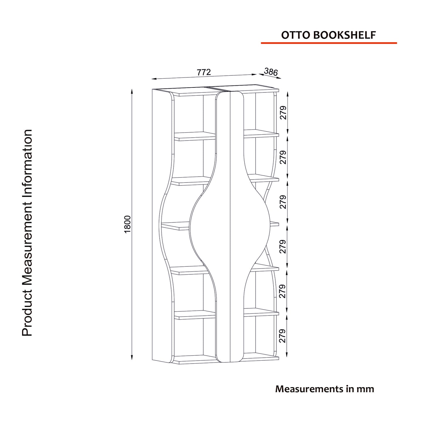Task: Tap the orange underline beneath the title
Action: pyautogui.click(x=329, y=43)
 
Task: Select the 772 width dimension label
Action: pyautogui.click(x=204, y=72)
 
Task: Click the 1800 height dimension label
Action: pyautogui.click(x=128, y=224)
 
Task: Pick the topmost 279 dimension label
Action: pyautogui.click(x=283, y=113)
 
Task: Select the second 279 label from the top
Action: pyautogui.click(x=283, y=157)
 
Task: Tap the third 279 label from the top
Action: pyautogui.click(x=283, y=202)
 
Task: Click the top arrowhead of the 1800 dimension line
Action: pyautogui.click(x=132, y=91)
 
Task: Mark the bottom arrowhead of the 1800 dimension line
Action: pyautogui.click(x=132, y=358)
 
